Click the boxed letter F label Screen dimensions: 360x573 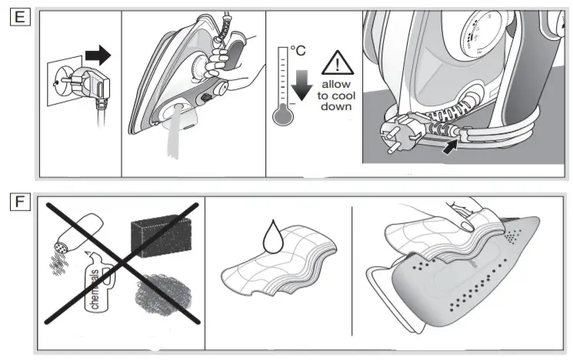click(x=19, y=202)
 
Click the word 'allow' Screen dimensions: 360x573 click(x=335, y=83)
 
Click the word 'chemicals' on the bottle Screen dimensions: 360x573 click(x=95, y=290)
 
